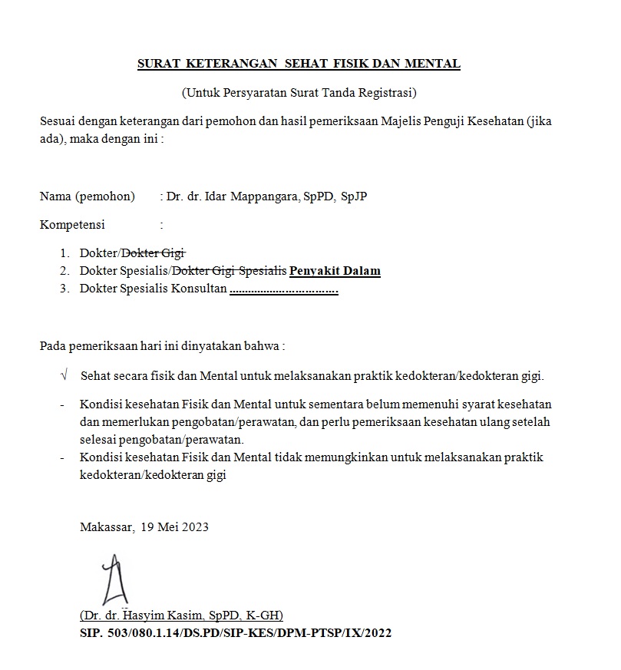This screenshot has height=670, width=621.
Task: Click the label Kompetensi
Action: coord(72,225)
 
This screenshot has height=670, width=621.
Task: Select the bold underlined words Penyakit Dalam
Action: coord(335,270)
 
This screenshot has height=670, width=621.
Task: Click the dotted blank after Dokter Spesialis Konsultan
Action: coord(284,289)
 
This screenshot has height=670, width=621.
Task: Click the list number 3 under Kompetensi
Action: coord(64,289)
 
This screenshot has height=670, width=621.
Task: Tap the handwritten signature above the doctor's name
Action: coord(114,581)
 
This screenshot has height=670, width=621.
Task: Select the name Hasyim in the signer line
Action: coord(146,616)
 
